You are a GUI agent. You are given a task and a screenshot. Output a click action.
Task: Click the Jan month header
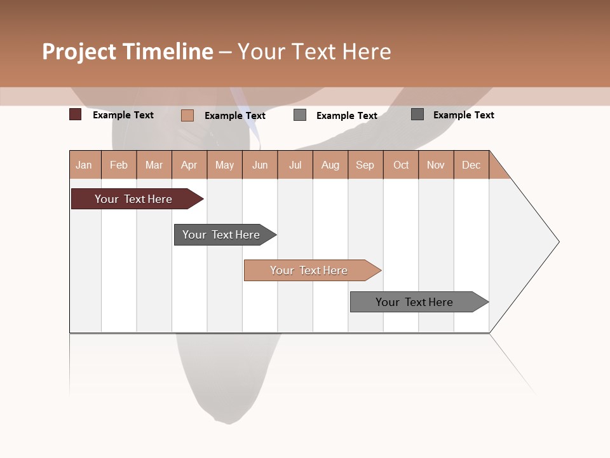coord(85,165)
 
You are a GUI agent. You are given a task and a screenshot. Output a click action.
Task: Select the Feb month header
coord(119,165)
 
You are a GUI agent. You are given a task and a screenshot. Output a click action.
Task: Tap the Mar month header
coord(154,165)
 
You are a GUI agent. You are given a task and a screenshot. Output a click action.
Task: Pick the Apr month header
coord(189,165)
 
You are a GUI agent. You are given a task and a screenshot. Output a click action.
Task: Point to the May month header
coord(224,165)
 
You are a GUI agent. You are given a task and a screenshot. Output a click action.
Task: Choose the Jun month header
coord(260,165)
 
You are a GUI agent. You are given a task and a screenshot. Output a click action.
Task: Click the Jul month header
coord(295,165)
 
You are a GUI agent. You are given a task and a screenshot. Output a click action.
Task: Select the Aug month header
coord(330,165)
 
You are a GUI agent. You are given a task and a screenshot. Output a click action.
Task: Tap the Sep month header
coord(365,165)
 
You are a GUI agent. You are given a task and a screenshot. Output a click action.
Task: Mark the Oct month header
coord(401,165)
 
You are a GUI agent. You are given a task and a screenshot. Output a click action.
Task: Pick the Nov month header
coord(436,165)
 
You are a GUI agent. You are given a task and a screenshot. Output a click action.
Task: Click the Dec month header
coord(471,165)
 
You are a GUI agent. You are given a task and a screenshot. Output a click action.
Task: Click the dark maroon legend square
coord(76,114)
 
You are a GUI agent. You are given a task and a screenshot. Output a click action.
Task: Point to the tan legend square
coord(187,115)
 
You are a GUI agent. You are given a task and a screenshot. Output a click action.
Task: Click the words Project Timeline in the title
coord(128,52)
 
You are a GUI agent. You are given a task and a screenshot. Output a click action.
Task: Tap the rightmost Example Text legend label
coord(463,115)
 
